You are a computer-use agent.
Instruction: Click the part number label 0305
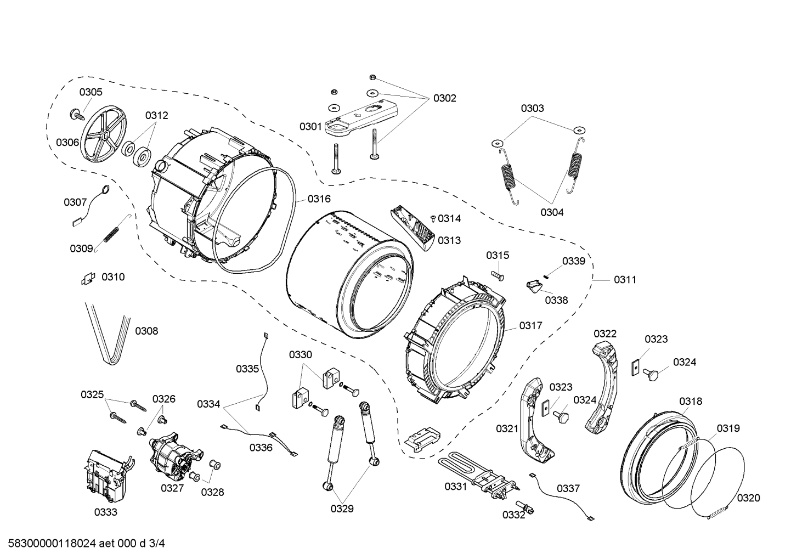pos(91,92)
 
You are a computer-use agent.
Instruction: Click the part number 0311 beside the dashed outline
pos(625,280)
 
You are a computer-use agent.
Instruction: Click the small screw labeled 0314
pos(433,218)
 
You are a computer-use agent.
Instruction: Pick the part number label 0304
pos(551,212)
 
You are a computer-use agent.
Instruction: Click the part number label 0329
pos(342,509)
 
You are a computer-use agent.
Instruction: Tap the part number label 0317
pos(530,325)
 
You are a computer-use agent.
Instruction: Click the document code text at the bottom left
pos(83,544)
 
